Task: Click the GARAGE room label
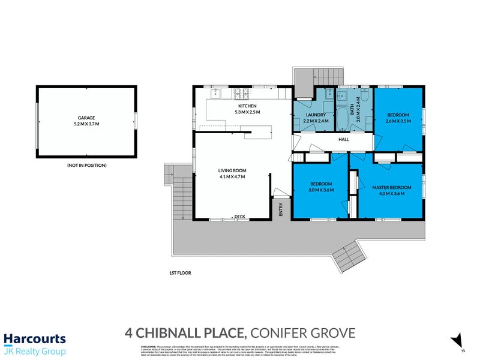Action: pos(86,118)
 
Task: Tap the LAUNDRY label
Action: pos(315,114)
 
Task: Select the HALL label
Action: pos(344,139)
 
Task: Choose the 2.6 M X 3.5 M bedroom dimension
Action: pos(398,121)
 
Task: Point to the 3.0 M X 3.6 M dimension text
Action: pos(321,190)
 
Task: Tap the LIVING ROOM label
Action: pos(231,170)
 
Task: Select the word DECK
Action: pos(240,217)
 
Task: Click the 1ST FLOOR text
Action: pos(179,272)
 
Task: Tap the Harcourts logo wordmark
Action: pos(35,339)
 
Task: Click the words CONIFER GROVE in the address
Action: pos(303,332)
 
